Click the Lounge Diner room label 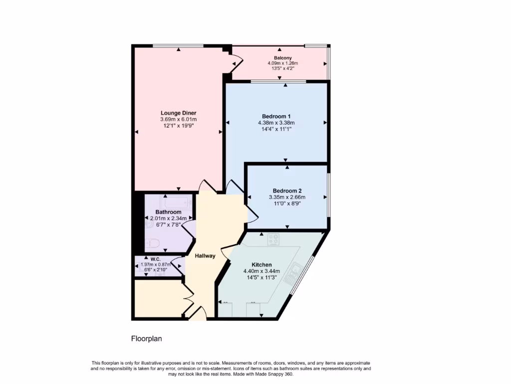178,113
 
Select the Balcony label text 282,58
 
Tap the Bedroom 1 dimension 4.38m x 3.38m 276,122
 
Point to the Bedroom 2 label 287,190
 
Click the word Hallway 205,256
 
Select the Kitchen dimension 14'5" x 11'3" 261,277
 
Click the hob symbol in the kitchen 273,239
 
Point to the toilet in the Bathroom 153,244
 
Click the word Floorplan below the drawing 147,339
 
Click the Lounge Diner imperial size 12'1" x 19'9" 178,126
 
